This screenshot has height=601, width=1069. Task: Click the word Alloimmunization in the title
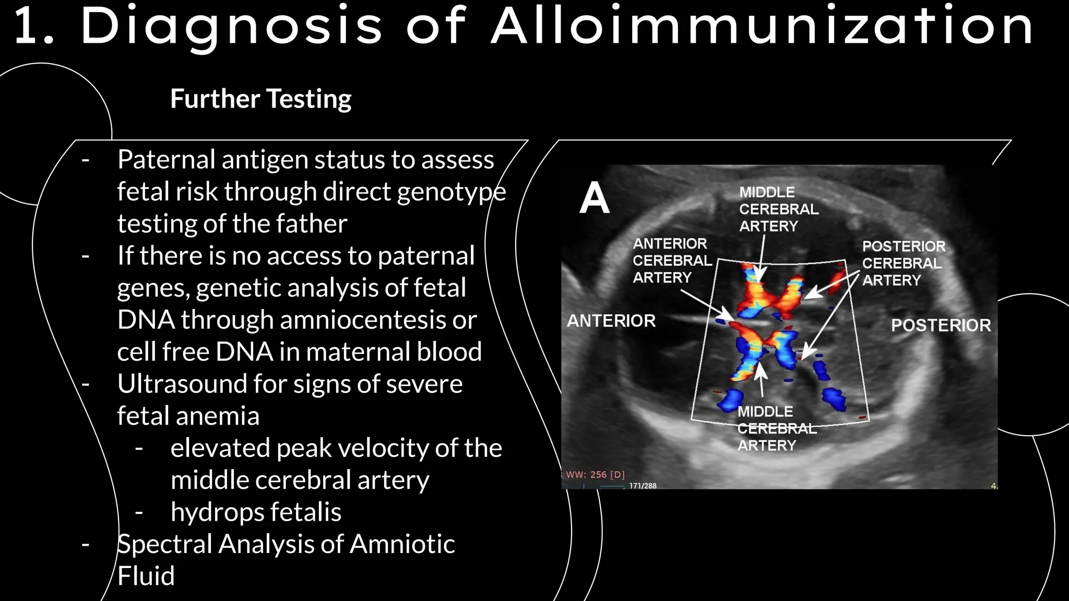point(762,26)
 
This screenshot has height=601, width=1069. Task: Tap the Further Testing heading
point(260,99)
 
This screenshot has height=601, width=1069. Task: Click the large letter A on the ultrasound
point(594,198)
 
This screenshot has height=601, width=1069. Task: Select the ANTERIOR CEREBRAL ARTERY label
point(672,260)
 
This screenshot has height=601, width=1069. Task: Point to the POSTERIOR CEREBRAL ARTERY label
point(903,263)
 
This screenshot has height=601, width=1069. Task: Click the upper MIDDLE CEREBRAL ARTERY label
point(778,209)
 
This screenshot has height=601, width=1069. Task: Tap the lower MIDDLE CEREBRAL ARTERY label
point(776,428)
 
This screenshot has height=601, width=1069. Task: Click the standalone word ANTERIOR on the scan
point(611,320)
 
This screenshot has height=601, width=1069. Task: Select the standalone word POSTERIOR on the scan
point(941,325)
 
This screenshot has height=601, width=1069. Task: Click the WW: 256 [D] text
point(595,474)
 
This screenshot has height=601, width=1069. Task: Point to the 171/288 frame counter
point(643,486)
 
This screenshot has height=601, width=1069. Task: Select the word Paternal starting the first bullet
point(166,160)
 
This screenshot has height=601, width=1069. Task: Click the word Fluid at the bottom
point(146,576)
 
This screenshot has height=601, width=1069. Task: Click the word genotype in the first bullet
point(452,192)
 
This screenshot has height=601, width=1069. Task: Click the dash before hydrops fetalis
point(139,512)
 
